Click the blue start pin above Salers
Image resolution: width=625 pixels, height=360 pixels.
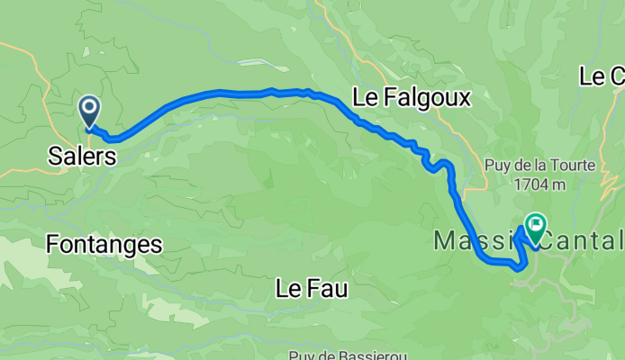pos(90,112)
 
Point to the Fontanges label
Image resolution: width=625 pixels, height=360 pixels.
pos(104,243)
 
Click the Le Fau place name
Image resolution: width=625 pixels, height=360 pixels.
pos(311,289)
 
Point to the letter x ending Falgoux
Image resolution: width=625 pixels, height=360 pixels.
pos(464,98)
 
